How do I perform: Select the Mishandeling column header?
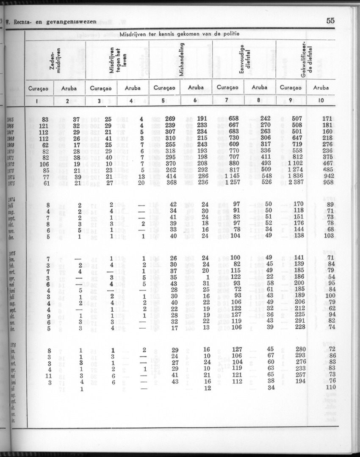point(181,59)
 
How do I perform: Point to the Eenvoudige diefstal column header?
point(244,59)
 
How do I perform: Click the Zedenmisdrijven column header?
point(56,59)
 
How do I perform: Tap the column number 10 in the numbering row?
point(321,100)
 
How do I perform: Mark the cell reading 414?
point(170,176)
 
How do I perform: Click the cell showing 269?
point(170,119)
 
